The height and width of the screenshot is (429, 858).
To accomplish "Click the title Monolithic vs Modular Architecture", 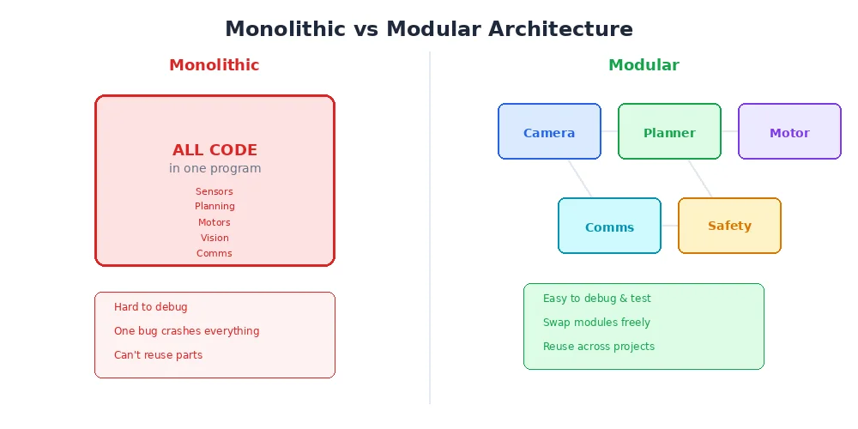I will (x=429, y=29).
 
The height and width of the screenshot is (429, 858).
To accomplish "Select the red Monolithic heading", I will (x=214, y=65).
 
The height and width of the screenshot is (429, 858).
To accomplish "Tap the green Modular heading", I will (x=643, y=65).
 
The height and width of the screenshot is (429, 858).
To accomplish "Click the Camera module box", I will (x=549, y=132).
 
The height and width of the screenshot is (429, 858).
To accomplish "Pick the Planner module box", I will (x=669, y=132).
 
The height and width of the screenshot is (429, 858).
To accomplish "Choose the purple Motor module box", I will (x=789, y=132).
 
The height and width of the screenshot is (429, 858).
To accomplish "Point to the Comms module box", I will (x=609, y=227).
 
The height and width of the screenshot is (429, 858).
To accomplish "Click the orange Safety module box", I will (x=729, y=226).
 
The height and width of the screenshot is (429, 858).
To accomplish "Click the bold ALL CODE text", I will (x=214, y=150).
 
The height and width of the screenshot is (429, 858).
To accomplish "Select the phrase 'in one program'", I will (x=214, y=169).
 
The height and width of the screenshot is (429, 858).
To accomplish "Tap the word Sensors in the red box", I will (x=214, y=191).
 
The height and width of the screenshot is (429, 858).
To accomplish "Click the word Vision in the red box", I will (x=214, y=238).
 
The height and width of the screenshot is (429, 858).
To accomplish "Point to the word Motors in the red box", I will (x=214, y=222).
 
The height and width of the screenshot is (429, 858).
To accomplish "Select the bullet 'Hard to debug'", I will (x=150, y=307).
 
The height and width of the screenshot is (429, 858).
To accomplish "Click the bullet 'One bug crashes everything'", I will (x=186, y=331).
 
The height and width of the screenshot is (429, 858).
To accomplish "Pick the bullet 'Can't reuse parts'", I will (x=158, y=355).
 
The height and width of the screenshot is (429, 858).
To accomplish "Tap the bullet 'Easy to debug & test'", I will (x=596, y=299).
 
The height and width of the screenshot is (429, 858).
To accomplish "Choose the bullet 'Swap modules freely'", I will (x=596, y=323).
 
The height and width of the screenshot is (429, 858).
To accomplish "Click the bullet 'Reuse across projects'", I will (x=598, y=347).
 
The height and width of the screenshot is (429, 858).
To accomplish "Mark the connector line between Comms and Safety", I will (x=669, y=226).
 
